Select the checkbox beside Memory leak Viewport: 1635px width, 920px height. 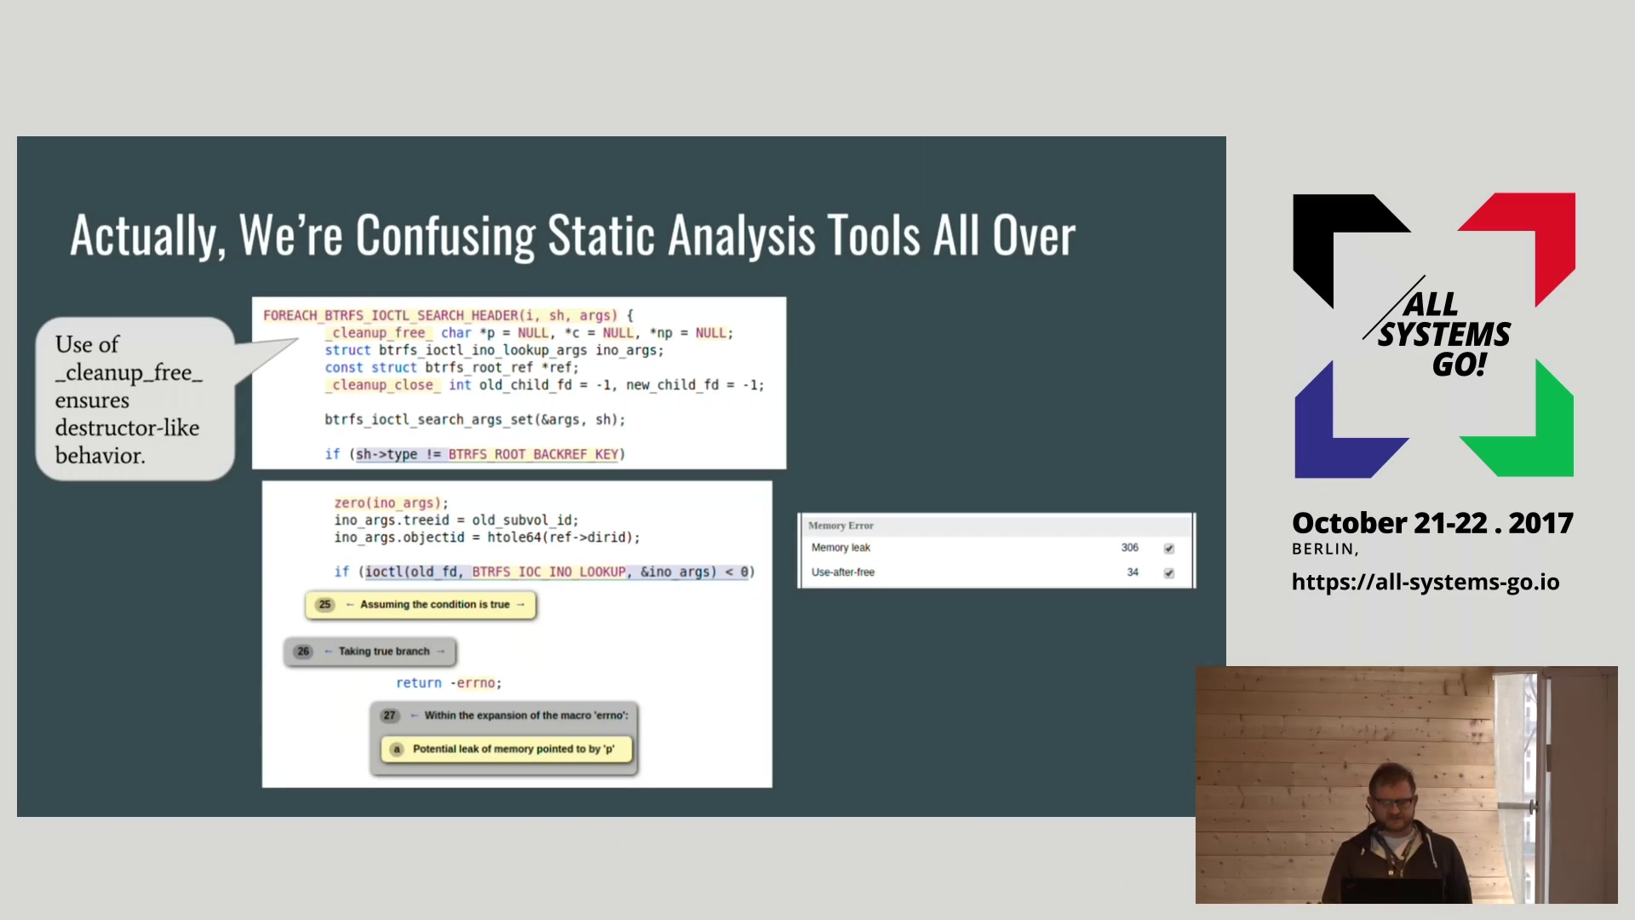coord(1168,549)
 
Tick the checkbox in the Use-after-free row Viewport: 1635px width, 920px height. coord(1168,573)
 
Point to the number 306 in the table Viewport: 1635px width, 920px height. coord(1129,548)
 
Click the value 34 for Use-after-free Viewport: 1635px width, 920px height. coord(1133,572)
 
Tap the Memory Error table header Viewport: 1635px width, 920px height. coord(840,526)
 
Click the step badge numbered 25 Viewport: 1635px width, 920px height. coord(324,605)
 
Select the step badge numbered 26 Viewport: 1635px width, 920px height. coord(303,652)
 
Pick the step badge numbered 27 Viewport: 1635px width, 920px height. coord(389,716)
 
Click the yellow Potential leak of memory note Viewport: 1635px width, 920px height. coord(508,750)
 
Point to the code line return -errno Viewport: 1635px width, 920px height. coord(449,683)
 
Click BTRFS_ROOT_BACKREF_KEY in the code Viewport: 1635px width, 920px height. coord(533,455)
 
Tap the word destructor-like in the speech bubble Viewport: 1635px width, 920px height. coord(128,428)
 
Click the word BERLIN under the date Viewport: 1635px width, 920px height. coord(1322,549)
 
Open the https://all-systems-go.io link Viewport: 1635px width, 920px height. coord(1426,582)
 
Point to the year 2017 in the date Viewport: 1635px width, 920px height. coord(1540,523)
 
